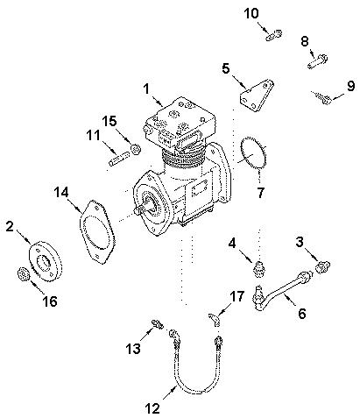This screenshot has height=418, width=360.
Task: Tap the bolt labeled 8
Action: pyautogui.click(x=316, y=61)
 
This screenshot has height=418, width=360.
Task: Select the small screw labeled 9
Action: pyautogui.click(x=322, y=100)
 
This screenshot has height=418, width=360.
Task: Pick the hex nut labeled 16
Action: pyautogui.click(x=25, y=277)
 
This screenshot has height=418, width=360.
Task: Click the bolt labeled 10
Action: pyautogui.click(x=272, y=34)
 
